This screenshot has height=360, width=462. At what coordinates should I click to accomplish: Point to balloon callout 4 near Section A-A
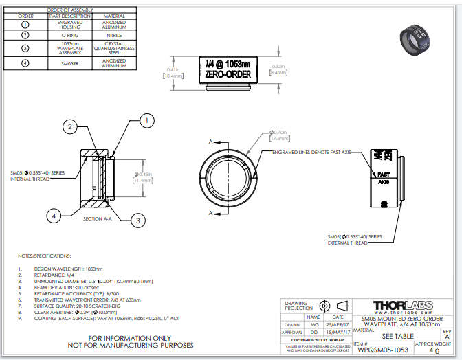(x=53, y=216)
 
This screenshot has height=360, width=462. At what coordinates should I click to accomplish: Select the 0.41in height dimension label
(x=173, y=73)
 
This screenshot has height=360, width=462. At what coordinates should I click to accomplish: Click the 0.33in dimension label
(x=278, y=69)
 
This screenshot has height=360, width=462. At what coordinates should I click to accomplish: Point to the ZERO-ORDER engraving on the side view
(x=228, y=75)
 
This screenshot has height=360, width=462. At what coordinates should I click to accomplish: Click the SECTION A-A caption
(x=97, y=218)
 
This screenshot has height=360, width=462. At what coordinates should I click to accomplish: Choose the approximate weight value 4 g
(x=433, y=350)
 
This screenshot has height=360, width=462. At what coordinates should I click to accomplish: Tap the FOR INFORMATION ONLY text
(x=129, y=339)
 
